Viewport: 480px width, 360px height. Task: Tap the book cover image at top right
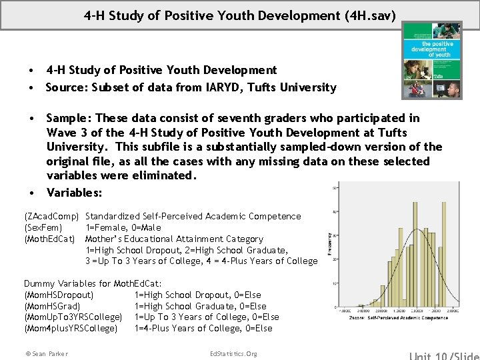[431, 60]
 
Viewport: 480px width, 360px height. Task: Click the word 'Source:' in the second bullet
[65, 87]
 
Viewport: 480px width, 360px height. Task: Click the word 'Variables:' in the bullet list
[75, 192]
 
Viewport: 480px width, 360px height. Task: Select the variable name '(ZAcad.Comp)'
[52, 216]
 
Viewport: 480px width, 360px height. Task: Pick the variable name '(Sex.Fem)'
[43, 227]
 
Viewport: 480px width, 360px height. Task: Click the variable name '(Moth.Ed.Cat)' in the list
[49, 239]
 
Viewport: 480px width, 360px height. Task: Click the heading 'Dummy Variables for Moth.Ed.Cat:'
[93, 283]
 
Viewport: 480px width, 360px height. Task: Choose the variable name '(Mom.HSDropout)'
[59, 295]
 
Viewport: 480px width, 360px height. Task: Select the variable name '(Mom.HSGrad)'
[52, 306]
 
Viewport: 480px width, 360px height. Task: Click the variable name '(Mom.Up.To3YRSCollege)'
[73, 317]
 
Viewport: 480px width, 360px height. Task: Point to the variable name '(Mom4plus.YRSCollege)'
[71, 328]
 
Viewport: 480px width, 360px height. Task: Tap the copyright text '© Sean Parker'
[46, 353]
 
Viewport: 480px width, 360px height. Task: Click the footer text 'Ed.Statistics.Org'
[233, 353]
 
